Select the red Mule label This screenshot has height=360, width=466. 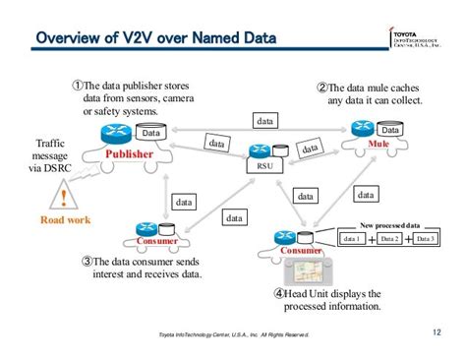pyautogui.click(x=379, y=144)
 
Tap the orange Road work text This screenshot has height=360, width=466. pyautogui.click(x=65, y=219)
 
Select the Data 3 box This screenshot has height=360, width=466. pyautogui.click(x=427, y=239)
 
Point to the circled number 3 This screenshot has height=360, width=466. pyautogui.click(x=88, y=262)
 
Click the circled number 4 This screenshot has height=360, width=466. pyautogui.click(x=280, y=292)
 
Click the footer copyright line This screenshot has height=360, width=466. pyautogui.click(x=233, y=335)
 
